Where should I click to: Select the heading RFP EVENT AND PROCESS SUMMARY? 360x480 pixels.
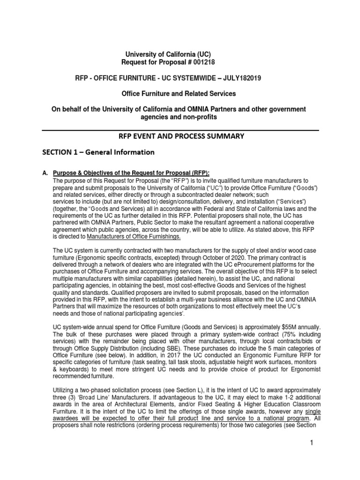(x=180, y=136)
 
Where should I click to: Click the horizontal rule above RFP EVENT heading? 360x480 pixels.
(x=180, y=130)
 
